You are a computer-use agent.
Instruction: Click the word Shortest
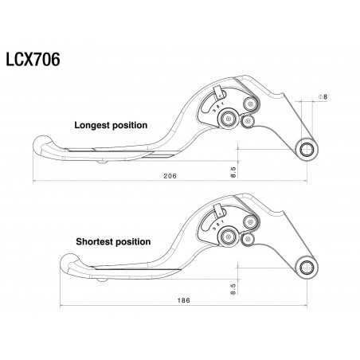96,241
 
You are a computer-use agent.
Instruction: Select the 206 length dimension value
168,174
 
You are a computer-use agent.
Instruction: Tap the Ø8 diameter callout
323,97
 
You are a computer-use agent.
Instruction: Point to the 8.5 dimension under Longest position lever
233,170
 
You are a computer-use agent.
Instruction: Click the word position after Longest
131,125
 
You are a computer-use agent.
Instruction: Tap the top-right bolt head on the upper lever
249,104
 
